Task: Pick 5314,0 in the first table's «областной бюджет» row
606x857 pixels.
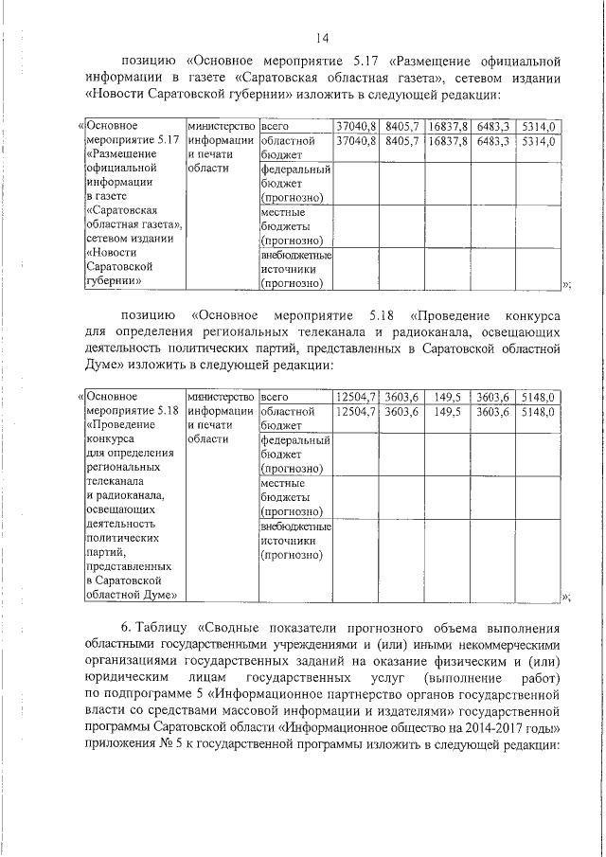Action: tap(539, 141)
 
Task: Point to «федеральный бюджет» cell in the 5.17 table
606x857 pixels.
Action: tap(294, 184)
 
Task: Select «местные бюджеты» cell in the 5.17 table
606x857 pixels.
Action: tap(294, 227)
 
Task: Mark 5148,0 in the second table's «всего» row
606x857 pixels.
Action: tap(539, 397)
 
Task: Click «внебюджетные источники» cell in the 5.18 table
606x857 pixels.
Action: tap(294, 540)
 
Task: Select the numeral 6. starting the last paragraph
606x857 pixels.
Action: tap(127, 629)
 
